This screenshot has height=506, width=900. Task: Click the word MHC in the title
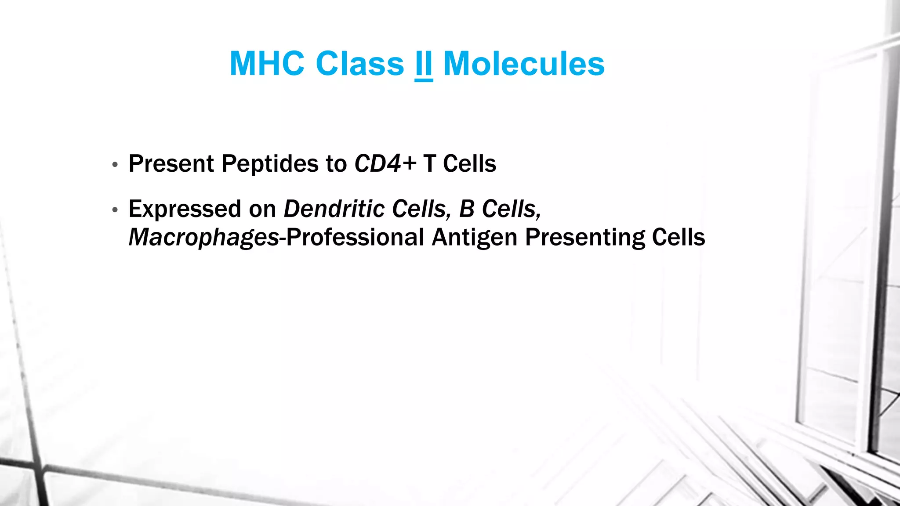point(267,64)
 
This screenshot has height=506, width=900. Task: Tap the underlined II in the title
point(424,64)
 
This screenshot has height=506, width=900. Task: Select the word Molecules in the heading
point(524,64)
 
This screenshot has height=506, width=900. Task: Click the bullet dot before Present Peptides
point(115,165)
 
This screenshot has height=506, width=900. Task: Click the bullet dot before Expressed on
point(115,210)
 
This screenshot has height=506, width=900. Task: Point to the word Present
point(171,164)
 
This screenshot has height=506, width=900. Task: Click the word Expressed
point(185,209)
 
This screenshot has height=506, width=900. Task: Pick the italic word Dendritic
point(334,209)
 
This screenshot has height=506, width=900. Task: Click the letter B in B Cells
point(467,209)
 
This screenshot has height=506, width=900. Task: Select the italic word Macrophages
point(203,238)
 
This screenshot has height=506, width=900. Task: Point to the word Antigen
point(475,238)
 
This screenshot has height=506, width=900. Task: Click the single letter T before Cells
point(429,164)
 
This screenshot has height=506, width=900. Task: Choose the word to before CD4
point(336,164)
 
